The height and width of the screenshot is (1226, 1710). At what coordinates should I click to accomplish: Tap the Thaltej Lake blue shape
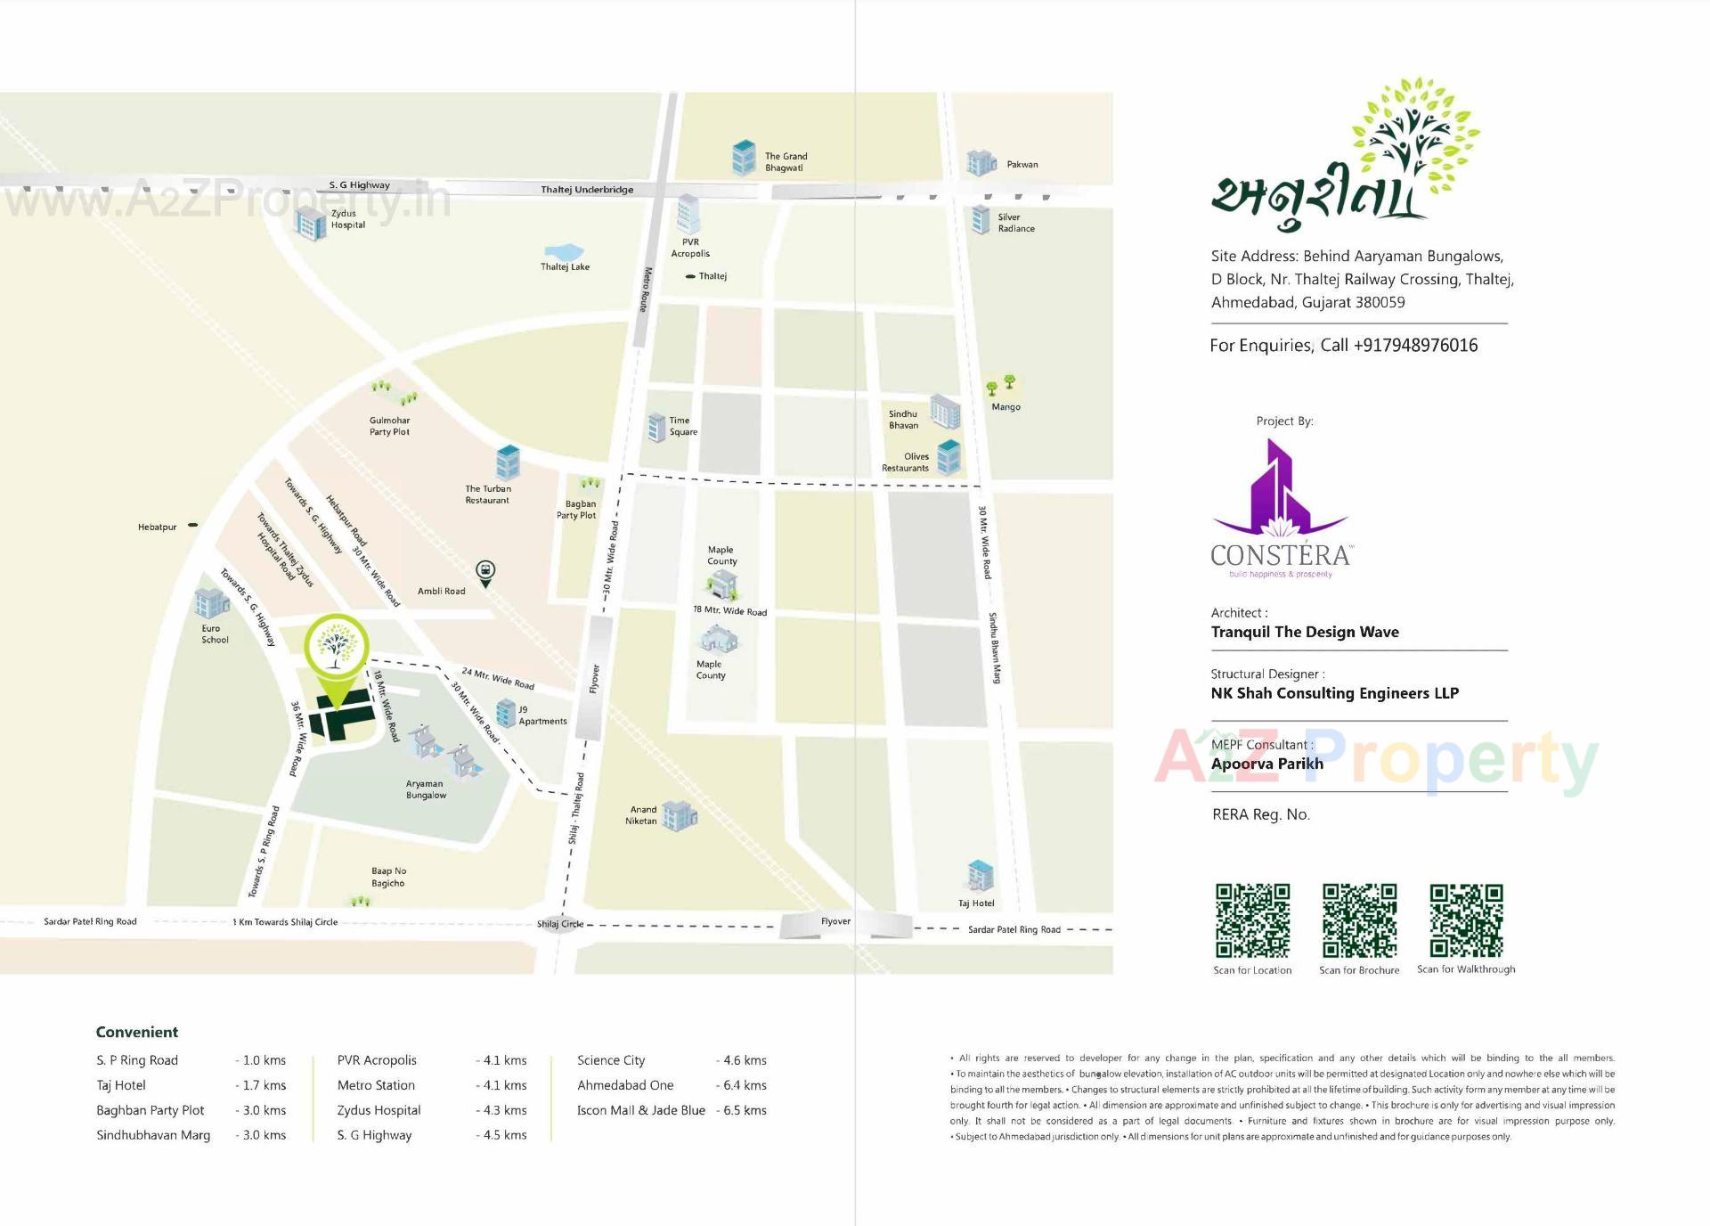coord(564,253)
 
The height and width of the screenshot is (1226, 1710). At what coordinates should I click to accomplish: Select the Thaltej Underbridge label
coord(587,190)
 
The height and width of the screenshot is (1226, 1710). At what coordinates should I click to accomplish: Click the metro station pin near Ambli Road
coord(485,572)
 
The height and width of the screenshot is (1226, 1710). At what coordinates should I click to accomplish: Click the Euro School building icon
coord(211,604)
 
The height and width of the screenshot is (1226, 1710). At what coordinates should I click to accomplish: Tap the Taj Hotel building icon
coord(980,875)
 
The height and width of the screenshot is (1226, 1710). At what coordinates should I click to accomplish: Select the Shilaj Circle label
coord(559,924)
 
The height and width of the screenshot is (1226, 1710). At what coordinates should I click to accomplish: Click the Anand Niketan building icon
coord(680,814)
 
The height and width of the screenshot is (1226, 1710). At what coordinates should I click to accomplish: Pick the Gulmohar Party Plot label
coord(389,426)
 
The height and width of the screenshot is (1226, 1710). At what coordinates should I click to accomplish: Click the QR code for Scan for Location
coord(1252,920)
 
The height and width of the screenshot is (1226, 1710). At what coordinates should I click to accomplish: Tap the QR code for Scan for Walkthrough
coord(1466,920)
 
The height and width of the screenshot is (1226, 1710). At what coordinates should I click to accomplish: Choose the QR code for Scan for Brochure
coord(1359,920)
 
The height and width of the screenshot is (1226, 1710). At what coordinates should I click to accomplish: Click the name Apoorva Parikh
coord(1266,764)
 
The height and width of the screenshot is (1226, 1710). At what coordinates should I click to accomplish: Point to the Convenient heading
coord(137,1032)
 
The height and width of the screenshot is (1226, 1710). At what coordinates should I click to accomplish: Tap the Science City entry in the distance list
coord(611,1060)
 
